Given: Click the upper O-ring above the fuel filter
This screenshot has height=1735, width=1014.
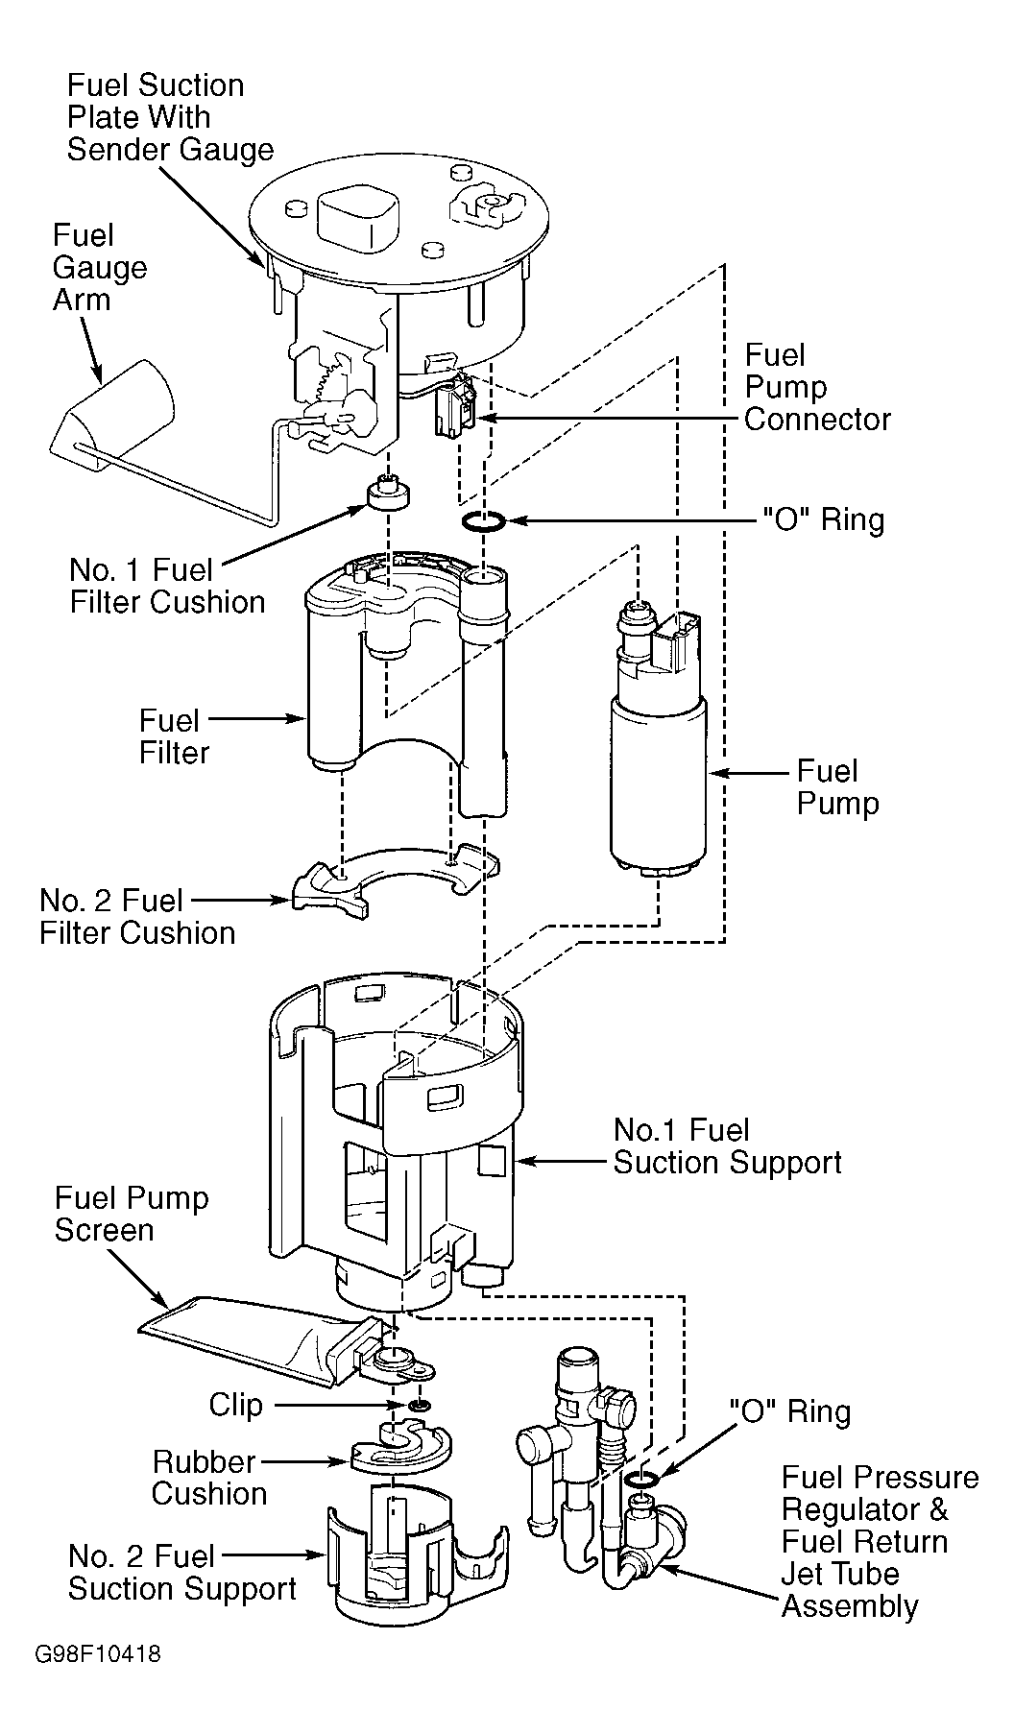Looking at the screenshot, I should pyautogui.click(x=482, y=520).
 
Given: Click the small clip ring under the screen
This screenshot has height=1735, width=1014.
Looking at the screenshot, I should pyautogui.click(x=418, y=1406).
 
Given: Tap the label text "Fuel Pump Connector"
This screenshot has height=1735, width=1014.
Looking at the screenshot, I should pyautogui.click(x=816, y=388).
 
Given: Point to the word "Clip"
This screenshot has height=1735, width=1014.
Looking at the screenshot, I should pyautogui.click(x=235, y=1405).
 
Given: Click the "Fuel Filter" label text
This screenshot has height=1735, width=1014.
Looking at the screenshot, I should pyautogui.click(x=174, y=736).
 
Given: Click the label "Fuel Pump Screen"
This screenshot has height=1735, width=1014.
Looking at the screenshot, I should pyautogui.click(x=132, y=1214).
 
